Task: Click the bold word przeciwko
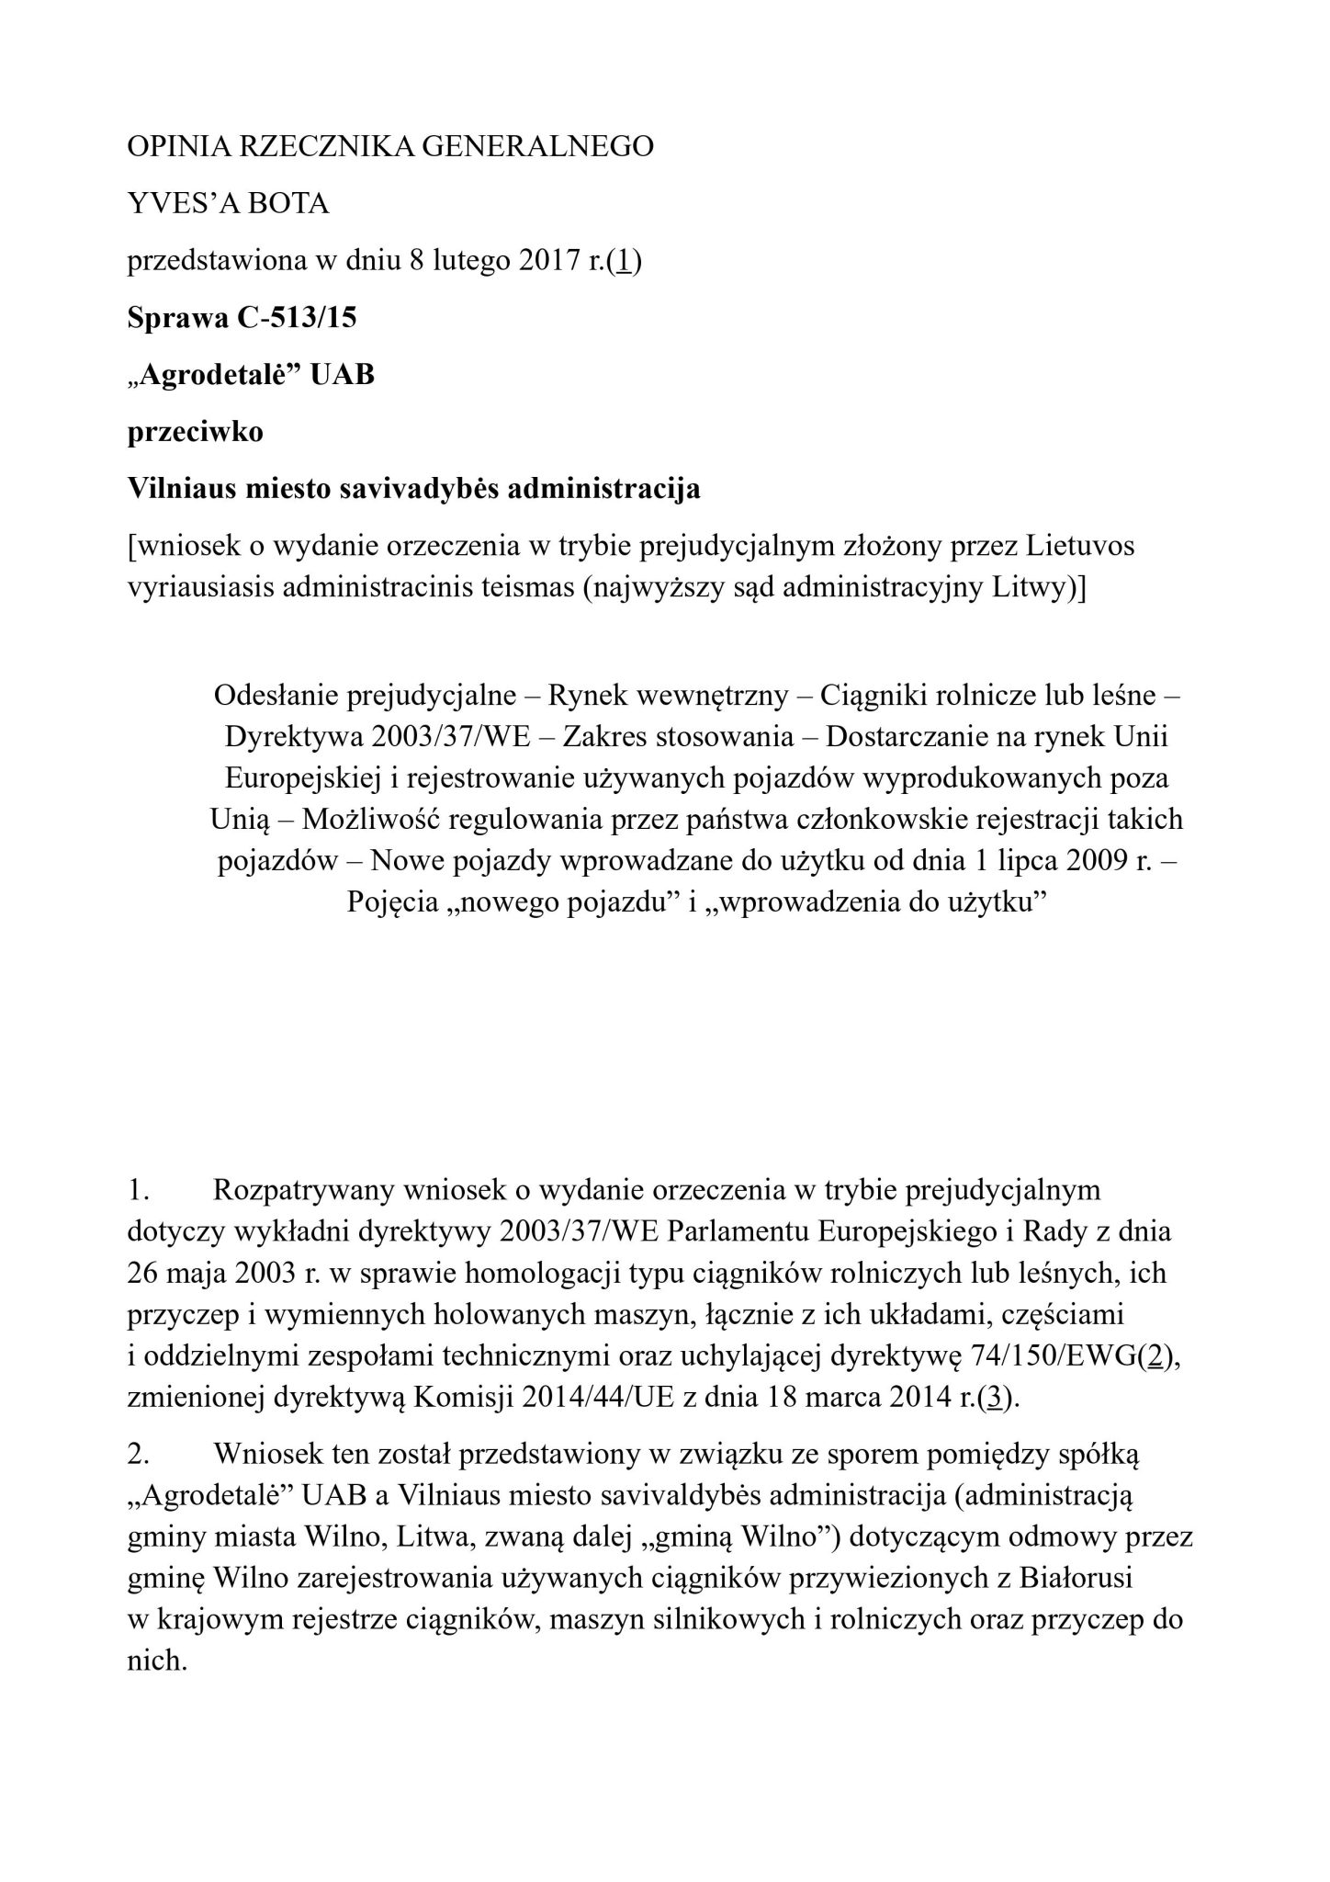tap(195, 432)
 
